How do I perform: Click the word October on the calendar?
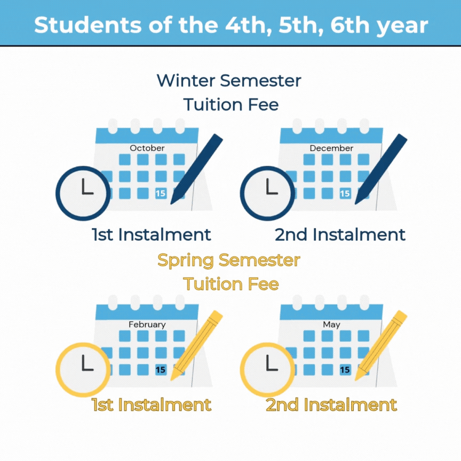click(x=147, y=148)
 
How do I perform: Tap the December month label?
click(x=331, y=148)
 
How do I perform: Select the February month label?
click(x=147, y=324)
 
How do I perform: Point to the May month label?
click(x=331, y=325)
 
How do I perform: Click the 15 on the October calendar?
click(x=161, y=194)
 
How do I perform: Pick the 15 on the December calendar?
click(x=345, y=194)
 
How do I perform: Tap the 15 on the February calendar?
click(x=161, y=370)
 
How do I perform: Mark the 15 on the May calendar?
click(x=345, y=370)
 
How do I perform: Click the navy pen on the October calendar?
click(x=196, y=169)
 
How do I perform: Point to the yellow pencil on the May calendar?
click(x=381, y=346)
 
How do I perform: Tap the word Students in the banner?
click(x=88, y=25)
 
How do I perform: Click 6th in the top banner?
click(x=350, y=25)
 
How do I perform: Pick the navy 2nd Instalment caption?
click(x=340, y=235)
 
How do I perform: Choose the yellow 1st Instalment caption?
click(x=152, y=405)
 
